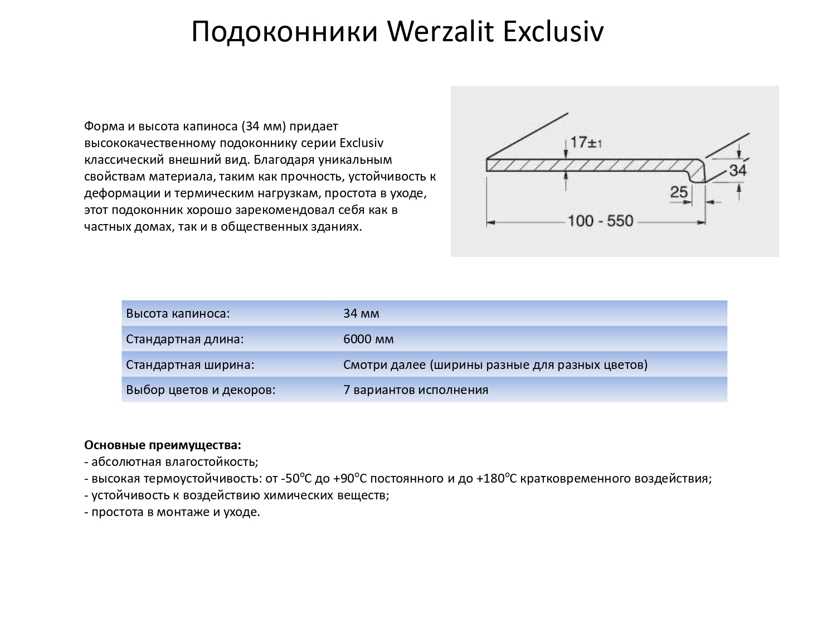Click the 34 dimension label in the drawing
point(737,170)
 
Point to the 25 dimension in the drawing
point(679,192)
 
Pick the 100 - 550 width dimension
point(600,221)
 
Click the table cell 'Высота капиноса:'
point(178,313)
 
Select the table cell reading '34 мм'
point(361,313)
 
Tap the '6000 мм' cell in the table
point(368,339)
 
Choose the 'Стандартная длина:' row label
point(185,339)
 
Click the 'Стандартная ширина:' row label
point(190,365)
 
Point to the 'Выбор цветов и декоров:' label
point(201,390)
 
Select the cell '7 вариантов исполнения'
point(416,390)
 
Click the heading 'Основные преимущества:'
point(163,445)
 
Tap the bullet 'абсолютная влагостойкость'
point(174,462)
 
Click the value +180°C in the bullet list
point(497,479)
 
